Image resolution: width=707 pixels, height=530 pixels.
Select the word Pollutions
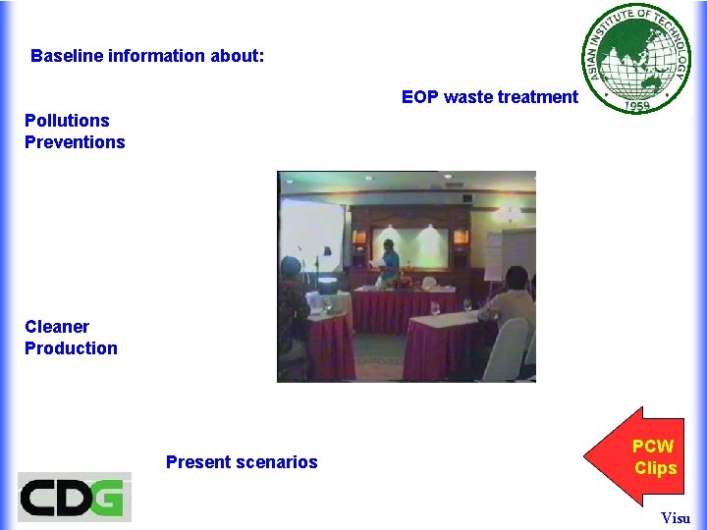(67, 121)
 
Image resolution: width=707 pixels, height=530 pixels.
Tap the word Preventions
(75, 142)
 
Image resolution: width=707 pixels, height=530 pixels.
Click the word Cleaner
(57, 327)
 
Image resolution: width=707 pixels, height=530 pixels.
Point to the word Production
(71, 348)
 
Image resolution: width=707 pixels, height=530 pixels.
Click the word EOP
(419, 97)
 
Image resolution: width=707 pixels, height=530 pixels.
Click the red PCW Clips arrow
(634, 457)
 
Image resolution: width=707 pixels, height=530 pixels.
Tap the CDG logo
(75, 498)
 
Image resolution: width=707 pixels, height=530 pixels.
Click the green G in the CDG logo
(108, 498)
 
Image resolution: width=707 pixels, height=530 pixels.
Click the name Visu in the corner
(676, 518)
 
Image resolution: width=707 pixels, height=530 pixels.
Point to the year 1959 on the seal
(638, 105)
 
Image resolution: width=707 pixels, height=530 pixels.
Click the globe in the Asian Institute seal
(639, 58)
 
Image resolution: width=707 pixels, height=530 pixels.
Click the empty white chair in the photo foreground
(517, 348)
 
